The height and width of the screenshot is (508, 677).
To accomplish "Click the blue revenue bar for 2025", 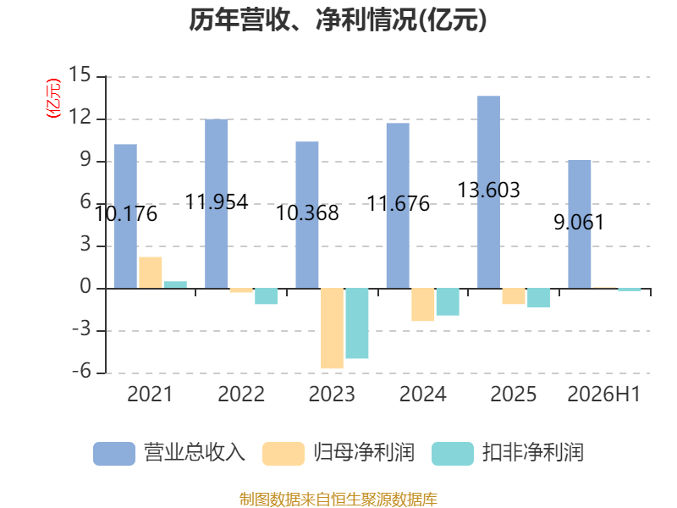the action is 488,192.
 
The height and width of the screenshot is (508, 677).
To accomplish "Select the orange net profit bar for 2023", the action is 332,329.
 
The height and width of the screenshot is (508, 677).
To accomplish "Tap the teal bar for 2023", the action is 356,323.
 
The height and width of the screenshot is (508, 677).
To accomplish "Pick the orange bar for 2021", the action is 151,273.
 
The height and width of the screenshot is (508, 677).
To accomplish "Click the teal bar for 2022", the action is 266,296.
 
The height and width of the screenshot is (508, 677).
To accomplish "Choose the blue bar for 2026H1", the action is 579,224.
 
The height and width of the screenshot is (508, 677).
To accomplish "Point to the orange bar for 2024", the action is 422,305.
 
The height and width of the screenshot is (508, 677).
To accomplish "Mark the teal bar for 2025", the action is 538,298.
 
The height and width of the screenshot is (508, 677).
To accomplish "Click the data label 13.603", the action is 488,190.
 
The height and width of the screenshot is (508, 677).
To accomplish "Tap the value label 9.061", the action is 579,222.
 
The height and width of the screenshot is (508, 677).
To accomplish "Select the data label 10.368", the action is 307,213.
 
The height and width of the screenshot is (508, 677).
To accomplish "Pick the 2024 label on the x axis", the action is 422,394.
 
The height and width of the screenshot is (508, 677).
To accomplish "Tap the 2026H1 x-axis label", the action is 603,394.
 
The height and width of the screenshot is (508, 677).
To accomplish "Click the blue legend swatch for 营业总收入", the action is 114,454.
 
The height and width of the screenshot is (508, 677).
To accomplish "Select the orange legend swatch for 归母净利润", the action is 283,454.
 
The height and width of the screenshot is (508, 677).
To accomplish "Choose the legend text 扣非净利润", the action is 533,453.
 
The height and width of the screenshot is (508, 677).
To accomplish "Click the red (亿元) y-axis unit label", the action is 53,98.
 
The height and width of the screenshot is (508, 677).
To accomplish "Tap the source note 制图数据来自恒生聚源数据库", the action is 338,500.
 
